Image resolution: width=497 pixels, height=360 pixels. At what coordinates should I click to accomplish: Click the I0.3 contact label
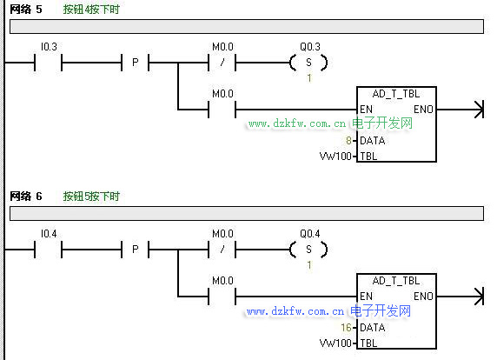click(49, 47)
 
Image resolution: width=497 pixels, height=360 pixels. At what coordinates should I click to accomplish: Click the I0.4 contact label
click(49, 234)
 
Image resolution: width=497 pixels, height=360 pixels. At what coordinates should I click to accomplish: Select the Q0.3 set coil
click(308, 63)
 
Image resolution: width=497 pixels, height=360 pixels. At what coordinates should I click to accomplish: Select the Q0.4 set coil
click(308, 250)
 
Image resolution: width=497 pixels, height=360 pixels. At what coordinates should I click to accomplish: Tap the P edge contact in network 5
click(136, 63)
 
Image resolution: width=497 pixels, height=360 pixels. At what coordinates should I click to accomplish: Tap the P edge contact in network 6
click(136, 250)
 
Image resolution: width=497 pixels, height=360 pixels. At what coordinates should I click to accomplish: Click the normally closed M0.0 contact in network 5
click(222, 63)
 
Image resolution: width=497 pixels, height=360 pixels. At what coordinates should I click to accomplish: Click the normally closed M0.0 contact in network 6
click(222, 250)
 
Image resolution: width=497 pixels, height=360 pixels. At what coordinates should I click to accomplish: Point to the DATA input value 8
click(348, 141)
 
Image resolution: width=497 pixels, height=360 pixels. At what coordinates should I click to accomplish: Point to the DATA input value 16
click(346, 328)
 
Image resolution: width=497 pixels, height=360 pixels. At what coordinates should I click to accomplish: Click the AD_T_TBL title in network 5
click(396, 94)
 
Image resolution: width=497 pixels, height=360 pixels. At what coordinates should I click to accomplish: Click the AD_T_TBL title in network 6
click(396, 281)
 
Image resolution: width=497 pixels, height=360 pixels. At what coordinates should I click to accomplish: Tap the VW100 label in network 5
click(335, 157)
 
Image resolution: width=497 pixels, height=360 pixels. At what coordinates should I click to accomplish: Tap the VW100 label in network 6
click(335, 343)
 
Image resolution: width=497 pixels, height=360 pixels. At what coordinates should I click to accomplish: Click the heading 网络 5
click(26, 10)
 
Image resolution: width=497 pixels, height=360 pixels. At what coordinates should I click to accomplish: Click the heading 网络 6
click(26, 197)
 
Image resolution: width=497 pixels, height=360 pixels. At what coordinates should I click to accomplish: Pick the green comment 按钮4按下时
click(91, 10)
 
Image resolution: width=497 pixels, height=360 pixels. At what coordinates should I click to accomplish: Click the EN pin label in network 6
click(366, 297)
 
